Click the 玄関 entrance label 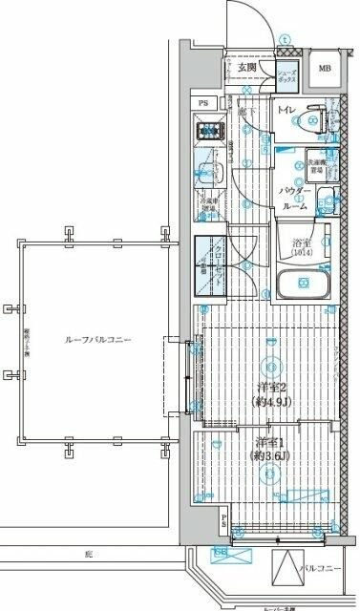point(245,67)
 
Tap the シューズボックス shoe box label point(287,76)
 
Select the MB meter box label point(325,69)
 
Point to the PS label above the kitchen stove point(203,103)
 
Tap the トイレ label point(286,112)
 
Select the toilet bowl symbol point(310,120)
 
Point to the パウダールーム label point(294,198)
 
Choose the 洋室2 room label point(271,387)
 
